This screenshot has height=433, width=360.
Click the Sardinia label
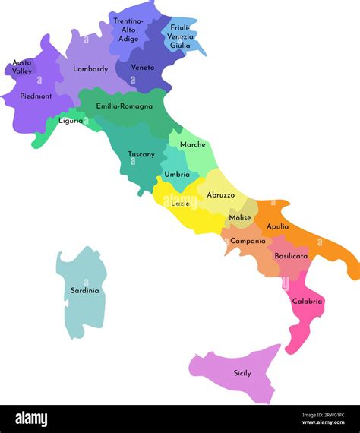[x=85, y=290]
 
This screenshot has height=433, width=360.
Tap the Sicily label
[x=242, y=373]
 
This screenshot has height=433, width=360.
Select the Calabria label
[x=308, y=302]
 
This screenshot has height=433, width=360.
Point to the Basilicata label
[x=292, y=256]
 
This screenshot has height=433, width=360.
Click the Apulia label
[x=278, y=226]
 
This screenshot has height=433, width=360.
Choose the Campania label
[x=248, y=241]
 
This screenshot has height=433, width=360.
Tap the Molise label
[x=240, y=218]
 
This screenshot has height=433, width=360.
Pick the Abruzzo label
[x=221, y=195]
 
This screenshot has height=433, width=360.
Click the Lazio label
[x=181, y=204]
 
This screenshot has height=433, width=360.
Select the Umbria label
[x=177, y=175]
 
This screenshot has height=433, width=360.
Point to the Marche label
[x=193, y=144]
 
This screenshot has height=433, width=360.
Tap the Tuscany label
[x=141, y=154]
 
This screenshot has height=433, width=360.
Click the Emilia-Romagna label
[x=125, y=106]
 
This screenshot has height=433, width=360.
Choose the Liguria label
[x=71, y=121]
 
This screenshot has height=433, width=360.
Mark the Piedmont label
[x=36, y=96]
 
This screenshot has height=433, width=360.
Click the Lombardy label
[x=90, y=69]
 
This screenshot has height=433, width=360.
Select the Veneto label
[x=143, y=68]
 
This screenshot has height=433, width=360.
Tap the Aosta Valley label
[x=23, y=67]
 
